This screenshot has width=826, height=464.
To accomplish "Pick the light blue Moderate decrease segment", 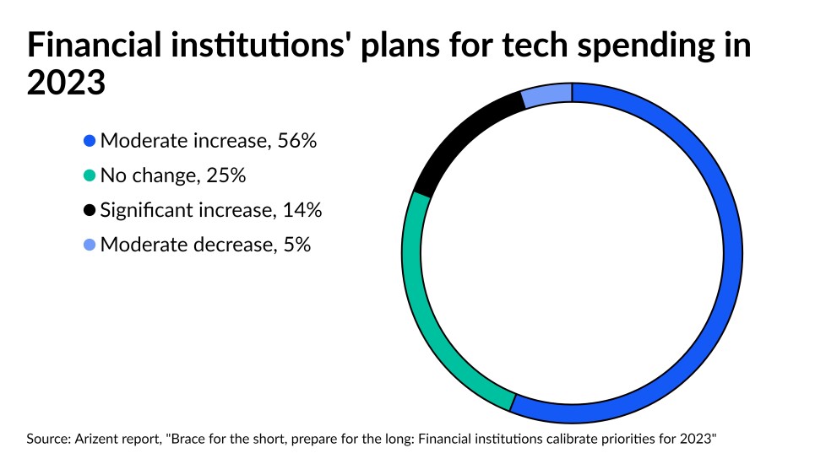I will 547,95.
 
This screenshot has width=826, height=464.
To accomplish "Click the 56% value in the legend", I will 297,142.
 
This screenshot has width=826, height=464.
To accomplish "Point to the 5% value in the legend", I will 296,245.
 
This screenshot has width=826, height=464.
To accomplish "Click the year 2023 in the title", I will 66,83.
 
